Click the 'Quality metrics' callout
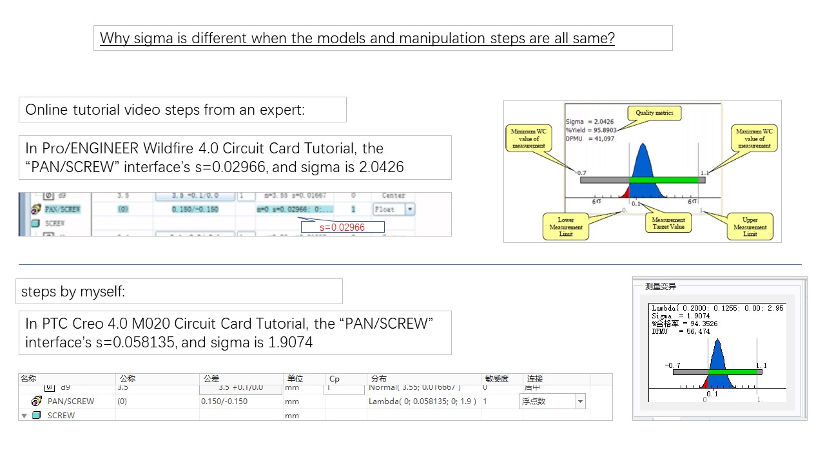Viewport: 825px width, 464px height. coord(654,113)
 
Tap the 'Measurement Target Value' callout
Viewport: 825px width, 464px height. coord(669,224)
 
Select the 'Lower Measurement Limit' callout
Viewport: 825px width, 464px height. coord(566,226)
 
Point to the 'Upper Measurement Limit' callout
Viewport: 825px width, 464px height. coord(750,226)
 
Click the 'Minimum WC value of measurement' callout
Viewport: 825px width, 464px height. coord(528,137)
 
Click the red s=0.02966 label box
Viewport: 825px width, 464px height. coord(342,227)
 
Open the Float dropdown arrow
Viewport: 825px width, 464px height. coord(409,209)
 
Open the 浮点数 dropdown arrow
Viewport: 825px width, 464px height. coord(580,401)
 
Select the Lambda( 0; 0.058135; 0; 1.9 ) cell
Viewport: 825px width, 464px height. coord(422,401)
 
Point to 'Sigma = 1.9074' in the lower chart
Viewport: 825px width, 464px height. coord(681,316)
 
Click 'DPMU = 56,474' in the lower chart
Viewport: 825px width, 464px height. coord(681,331)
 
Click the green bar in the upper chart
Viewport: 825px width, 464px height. coord(664,180)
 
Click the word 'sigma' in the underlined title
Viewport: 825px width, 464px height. coord(151,38)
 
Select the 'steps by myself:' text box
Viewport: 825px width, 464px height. coord(179,291)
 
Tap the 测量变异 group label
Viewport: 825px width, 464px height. coord(661,286)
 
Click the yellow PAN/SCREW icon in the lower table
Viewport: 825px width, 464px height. coord(37,401)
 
